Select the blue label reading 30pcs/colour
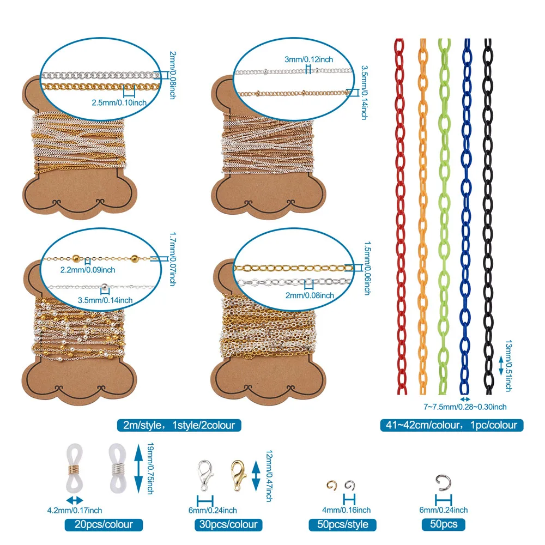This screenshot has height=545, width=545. click(x=227, y=525)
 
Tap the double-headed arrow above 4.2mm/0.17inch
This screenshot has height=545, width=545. click(x=75, y=499)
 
